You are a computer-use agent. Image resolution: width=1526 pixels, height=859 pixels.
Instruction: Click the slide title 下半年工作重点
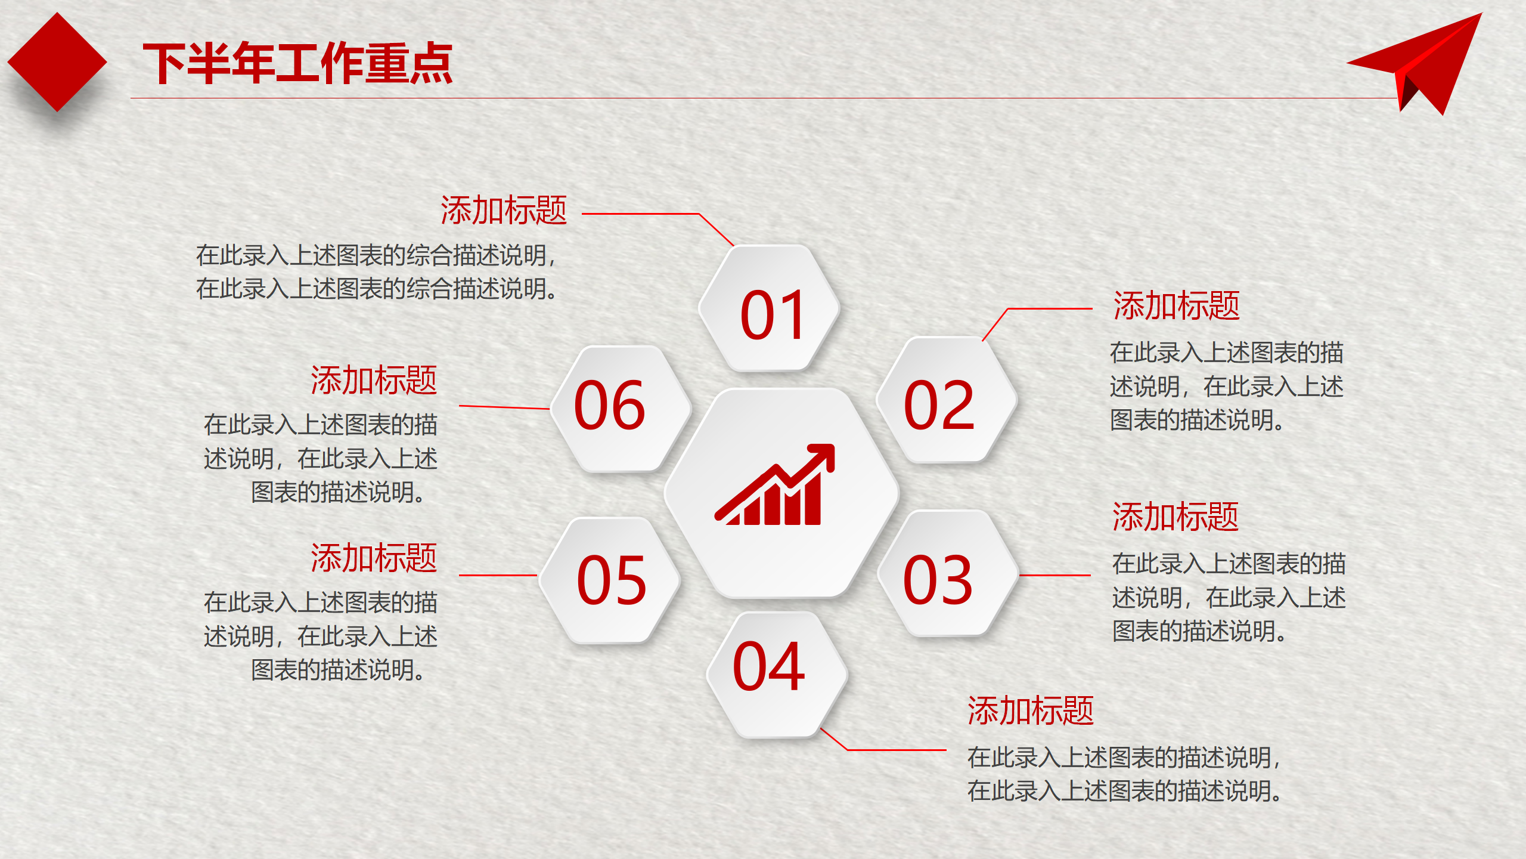(297, 63)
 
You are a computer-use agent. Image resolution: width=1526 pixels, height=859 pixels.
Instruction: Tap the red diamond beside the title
(57, 62)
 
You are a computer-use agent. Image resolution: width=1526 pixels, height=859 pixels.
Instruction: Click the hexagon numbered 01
(770, 308)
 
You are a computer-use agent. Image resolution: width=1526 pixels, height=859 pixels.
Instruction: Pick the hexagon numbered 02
(947, 400)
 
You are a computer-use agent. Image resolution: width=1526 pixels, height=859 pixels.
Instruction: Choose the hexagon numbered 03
(948, 573)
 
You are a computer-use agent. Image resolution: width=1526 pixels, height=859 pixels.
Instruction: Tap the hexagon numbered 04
(777, 675)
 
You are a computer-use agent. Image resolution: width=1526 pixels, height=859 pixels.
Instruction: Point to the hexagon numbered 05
(610, 580)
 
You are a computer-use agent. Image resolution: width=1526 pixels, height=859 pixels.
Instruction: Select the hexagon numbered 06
(621, 409)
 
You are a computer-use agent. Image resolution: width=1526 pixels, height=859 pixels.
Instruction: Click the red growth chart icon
(775, 484)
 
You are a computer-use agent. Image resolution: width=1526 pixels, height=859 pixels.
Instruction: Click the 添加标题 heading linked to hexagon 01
(504, 210)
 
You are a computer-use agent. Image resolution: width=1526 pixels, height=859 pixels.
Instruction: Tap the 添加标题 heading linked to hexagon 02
(1177, 306)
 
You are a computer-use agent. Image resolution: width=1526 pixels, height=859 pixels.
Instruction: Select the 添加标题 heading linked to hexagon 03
(1175, 517)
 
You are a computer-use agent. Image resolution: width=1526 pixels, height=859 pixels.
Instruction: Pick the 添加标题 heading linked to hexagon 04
(1031, 710)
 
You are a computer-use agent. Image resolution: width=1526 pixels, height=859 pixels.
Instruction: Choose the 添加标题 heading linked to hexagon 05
(374, 558)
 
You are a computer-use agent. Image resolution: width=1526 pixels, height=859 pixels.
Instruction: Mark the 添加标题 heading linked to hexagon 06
(374, 380)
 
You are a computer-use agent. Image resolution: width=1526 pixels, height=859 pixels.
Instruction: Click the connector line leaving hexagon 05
(498, 576)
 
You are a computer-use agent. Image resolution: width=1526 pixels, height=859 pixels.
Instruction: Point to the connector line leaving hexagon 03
(1055, 576)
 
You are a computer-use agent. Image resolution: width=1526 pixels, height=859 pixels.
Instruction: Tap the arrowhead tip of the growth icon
(833, 445)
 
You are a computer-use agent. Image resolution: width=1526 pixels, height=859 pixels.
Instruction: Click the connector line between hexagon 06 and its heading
(504, 407)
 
